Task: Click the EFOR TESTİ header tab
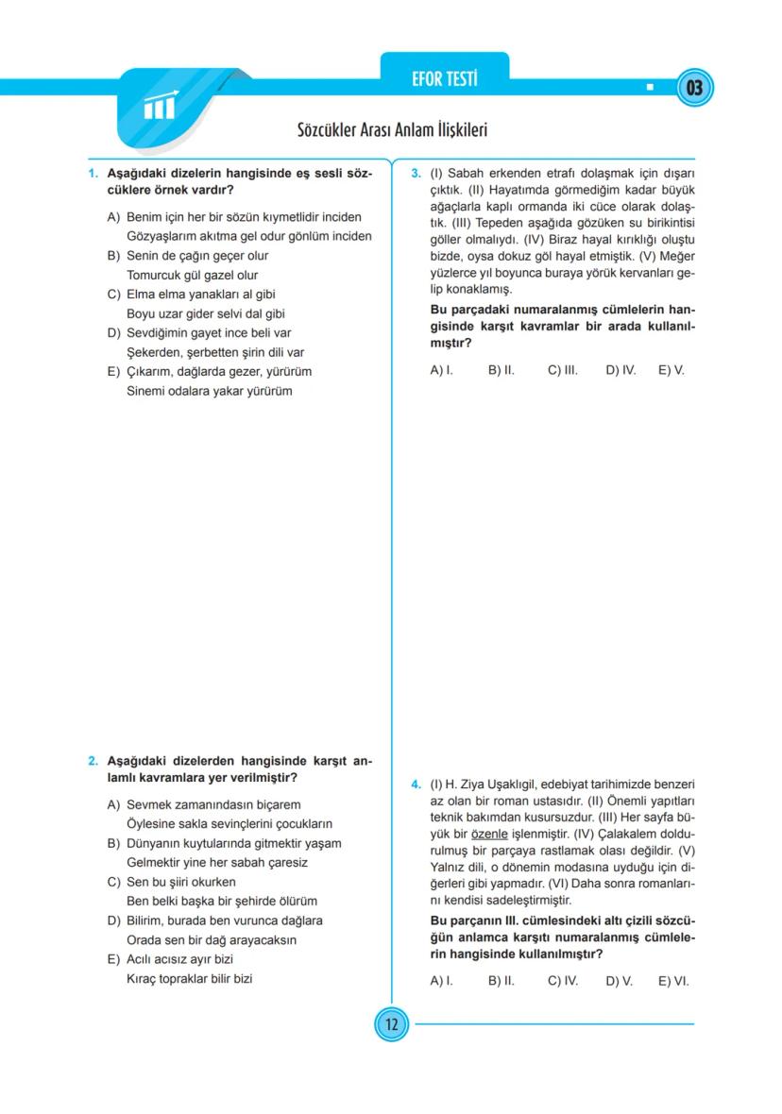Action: tap(444, 79)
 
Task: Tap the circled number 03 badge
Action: tap(694, 89)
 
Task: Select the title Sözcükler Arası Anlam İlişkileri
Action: tap(392, 130)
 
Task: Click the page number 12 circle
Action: tap(391, 1024)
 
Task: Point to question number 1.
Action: tap(93, 175)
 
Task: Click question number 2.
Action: tap(93, 761)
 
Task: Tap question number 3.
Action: tap(416, 175)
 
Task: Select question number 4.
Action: tap(416, 785)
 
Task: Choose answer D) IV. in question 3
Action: tap(620, 370)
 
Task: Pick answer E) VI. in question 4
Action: tap(672, 981)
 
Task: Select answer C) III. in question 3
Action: tap(562, 370)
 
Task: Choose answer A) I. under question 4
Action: tap(441, 981)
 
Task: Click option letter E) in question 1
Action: tap(113, 372)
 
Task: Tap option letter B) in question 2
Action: tap(113, 843)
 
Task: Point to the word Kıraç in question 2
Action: tap(143, 979)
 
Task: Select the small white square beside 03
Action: tap(650, 89)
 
